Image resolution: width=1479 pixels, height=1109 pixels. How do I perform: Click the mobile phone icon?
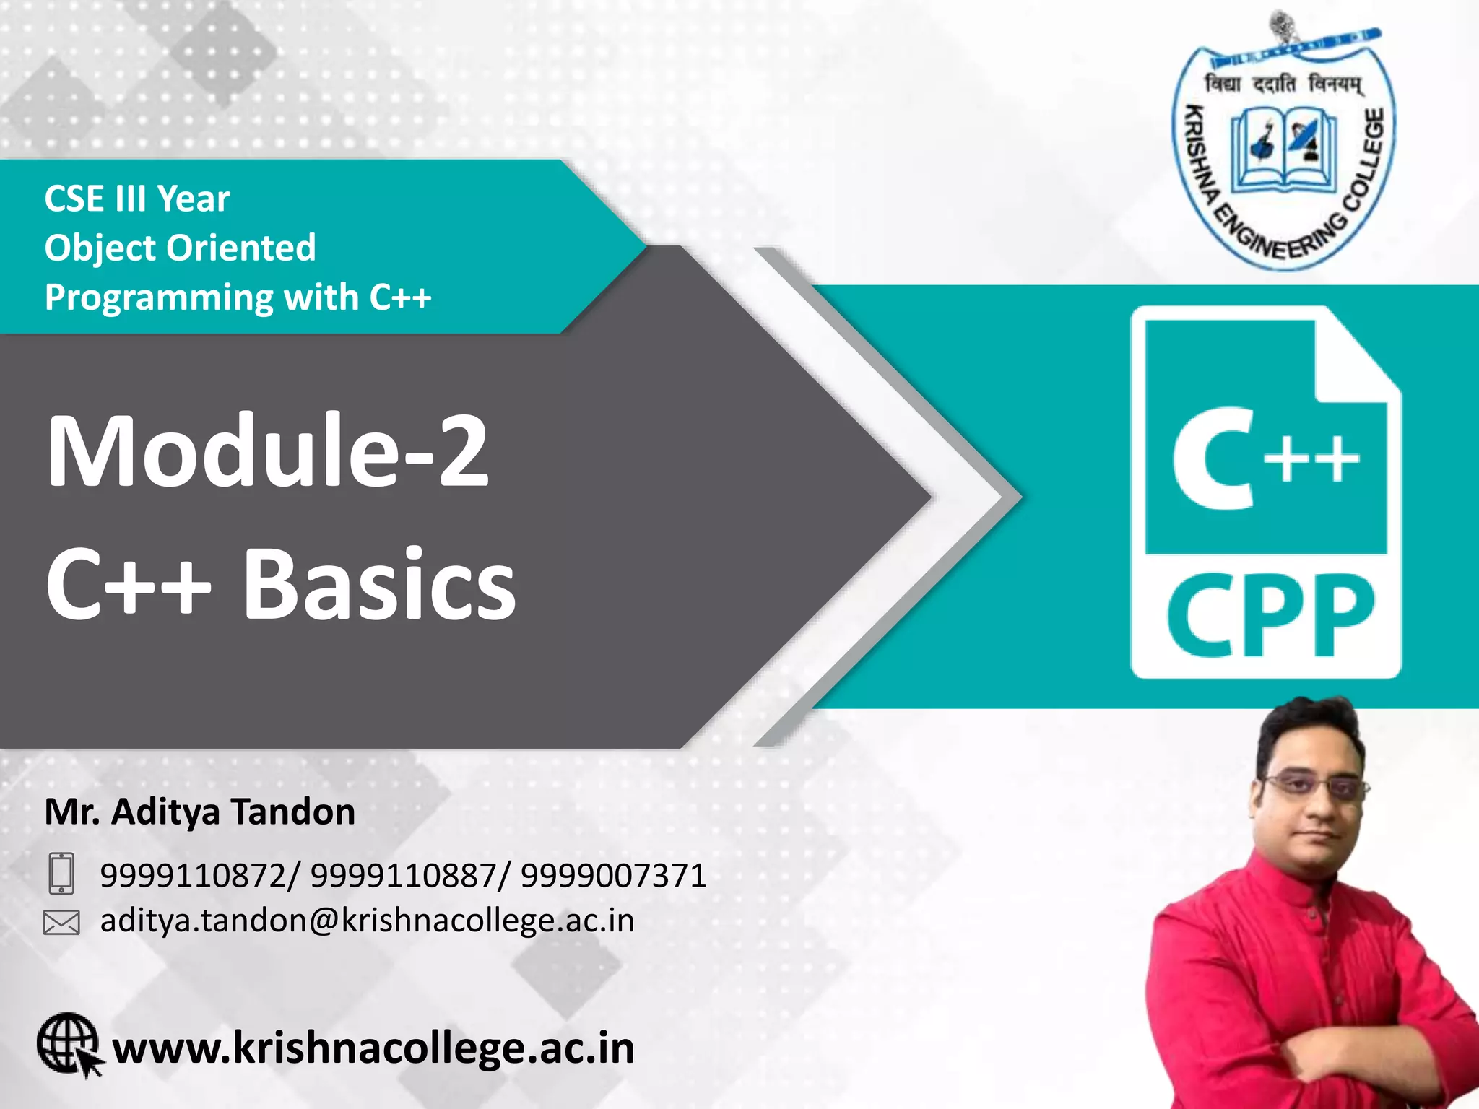(x=61, y=874)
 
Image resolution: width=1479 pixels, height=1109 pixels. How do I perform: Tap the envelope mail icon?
(x=61, y=922)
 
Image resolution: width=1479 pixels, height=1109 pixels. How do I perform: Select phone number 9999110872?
(x=192, y=876)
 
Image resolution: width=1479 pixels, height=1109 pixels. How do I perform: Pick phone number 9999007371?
(x=613, y=876)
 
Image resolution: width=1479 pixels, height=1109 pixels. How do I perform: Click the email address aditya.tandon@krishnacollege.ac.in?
(x=367, y=921)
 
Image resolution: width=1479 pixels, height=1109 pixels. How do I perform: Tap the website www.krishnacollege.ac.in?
(x=373, y=1048)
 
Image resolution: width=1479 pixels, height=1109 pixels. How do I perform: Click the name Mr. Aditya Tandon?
(x=200, y=812)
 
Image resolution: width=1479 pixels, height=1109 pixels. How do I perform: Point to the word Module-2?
(x=267, y=452)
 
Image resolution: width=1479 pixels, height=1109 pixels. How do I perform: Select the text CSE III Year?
(x=137, y=199)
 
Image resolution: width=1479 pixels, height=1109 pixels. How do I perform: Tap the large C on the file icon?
(x=1213, y=458)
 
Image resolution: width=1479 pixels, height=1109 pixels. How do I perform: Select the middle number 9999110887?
(x=403, y=876)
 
